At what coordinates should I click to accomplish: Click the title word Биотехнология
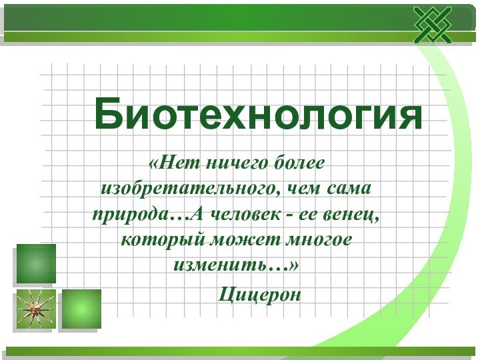coord(259,113)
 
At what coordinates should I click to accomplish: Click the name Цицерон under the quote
coord(261,293)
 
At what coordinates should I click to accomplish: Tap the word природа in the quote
coord(129,215)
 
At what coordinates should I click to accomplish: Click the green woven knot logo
coord(432,25)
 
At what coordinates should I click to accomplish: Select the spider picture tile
coord(35,308)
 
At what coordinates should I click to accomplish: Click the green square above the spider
coord(35,263)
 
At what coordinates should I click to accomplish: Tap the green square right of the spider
coord(81,308)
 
